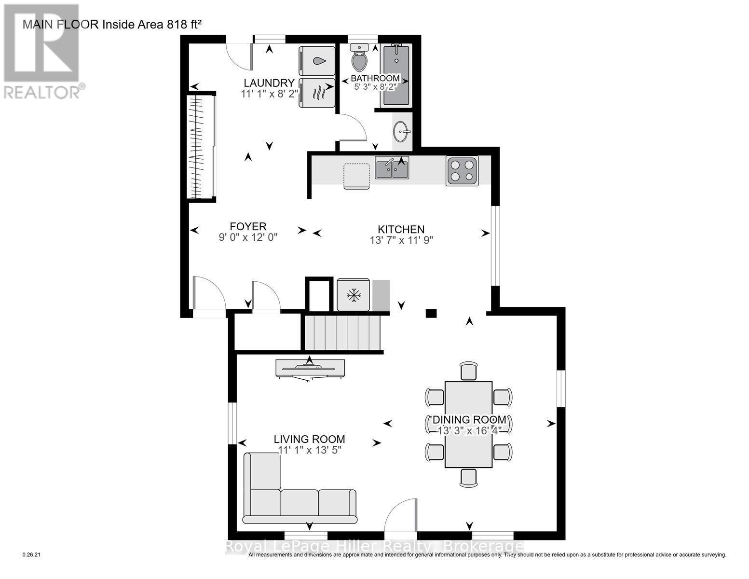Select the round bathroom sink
pos(402,130)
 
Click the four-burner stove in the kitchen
pos(462,171)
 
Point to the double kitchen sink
pos(392,168)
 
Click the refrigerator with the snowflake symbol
pos(354,294)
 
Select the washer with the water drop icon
pos(317,61)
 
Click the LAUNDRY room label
pos(269,83)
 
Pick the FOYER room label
pos(248,226)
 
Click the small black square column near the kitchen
pos(431,313)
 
